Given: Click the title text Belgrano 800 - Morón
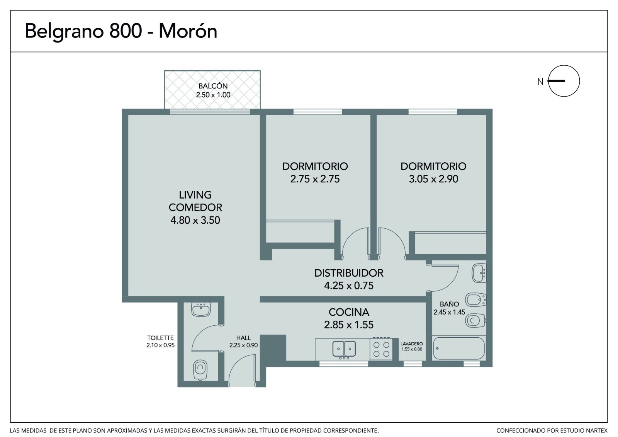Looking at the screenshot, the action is coord(121,31).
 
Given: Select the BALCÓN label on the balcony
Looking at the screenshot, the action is coord(213,86).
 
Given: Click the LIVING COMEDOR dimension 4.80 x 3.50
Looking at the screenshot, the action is coord(195,220).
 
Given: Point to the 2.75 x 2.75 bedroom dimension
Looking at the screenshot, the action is coord(315,179).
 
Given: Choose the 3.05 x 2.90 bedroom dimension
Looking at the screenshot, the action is coord(433,179).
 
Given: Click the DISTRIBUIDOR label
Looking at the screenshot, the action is coord(349,273).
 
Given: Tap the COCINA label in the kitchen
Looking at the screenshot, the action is coord(349,312).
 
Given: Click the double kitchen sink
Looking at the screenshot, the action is coord(344,349).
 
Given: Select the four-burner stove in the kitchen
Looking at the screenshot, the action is coord(381,349).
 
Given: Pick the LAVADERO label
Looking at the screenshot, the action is coord(412,344).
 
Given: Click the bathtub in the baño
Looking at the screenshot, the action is coord(458,349).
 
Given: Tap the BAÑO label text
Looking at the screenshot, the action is coord(450,304).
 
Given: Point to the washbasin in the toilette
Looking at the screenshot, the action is coord(201,309).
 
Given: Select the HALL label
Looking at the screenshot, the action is coord(243,338).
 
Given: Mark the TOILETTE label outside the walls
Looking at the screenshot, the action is coord(160,338).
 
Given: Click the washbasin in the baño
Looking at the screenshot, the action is coord(479,273).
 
